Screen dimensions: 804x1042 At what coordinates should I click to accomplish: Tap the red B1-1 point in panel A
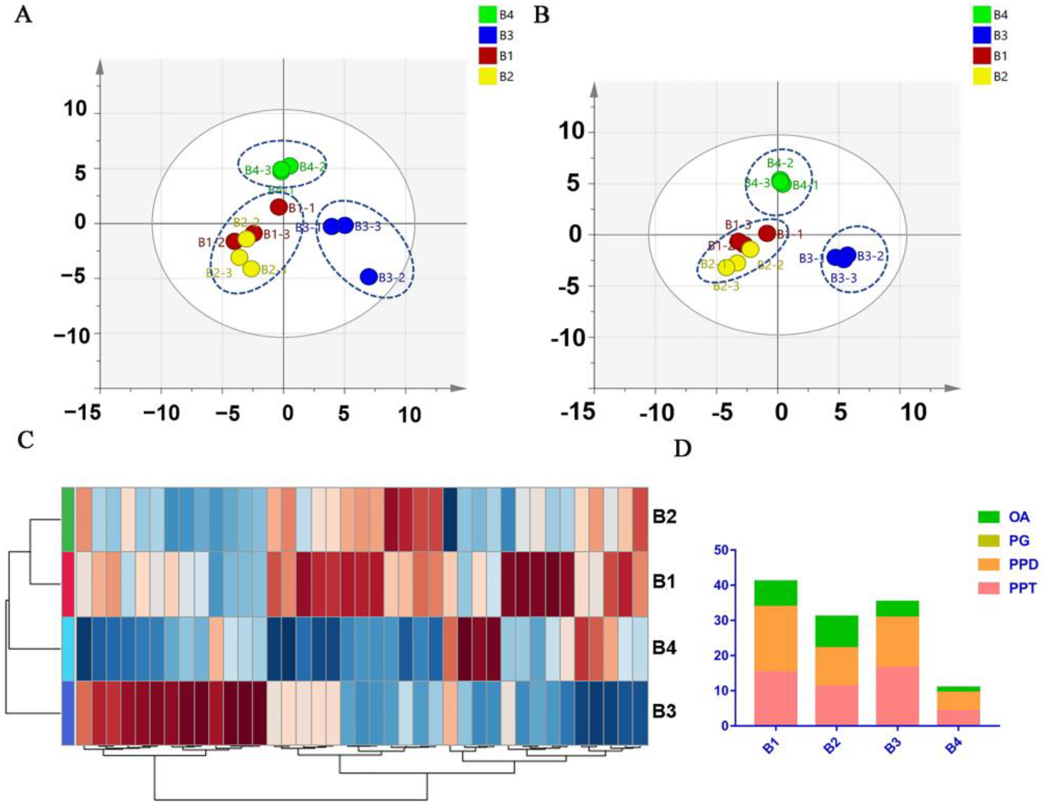click(x=279, y=207)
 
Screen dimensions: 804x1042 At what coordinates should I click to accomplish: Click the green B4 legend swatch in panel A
click(x=487, y=15)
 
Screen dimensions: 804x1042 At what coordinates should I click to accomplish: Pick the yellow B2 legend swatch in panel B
click(x=981, y=76)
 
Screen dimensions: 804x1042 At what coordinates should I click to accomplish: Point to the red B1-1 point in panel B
click(x=767, y=233)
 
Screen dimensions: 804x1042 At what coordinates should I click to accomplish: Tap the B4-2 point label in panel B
click(x=780, y=163)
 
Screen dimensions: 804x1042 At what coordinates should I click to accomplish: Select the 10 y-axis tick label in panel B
click(x=571, y=132)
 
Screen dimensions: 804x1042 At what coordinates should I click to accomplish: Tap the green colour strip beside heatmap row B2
click(x=68, y=519)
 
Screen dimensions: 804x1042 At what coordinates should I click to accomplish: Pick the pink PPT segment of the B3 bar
click(x=897, y=696)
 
